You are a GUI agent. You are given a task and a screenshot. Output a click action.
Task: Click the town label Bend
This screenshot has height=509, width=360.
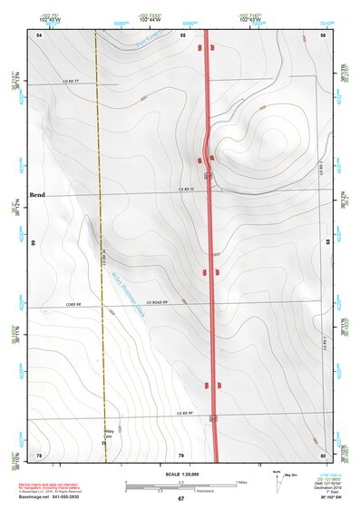tap(37, 195)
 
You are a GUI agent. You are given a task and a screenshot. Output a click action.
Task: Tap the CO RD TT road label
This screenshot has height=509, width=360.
tap(72, 83)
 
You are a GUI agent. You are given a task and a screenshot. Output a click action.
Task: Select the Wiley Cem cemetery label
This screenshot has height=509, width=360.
tap(111, 435)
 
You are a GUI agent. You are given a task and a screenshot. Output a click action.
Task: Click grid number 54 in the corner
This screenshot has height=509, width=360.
tap(39, 34)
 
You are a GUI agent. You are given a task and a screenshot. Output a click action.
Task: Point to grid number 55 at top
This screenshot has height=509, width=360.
tap(181, 34)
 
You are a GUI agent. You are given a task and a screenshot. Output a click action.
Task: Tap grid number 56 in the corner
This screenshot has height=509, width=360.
tap(322, 34)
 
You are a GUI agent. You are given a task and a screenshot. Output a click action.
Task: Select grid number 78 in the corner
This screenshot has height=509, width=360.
tap(39, 454)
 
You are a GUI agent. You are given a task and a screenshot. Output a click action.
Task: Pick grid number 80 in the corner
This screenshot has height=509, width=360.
tap(322, 454)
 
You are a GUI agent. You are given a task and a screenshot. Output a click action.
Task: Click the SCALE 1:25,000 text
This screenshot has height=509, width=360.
tap(180, 473)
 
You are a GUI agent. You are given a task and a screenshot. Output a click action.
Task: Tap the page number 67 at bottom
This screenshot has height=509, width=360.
tap(180, 498)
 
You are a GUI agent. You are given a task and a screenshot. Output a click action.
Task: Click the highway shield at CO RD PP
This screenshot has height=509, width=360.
tap(213, 418)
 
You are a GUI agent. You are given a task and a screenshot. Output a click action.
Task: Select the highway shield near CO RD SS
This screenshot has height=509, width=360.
tap(208, 175)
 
